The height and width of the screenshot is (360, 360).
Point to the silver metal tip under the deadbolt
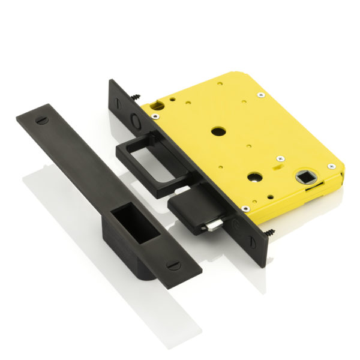[211, 226]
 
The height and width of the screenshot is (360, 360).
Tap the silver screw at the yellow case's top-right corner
[260, 94]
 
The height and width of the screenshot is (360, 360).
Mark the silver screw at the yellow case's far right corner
[330, 166]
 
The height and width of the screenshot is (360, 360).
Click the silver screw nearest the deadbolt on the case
[245, 209]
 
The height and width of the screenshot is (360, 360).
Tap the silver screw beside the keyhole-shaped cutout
[155, 116]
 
